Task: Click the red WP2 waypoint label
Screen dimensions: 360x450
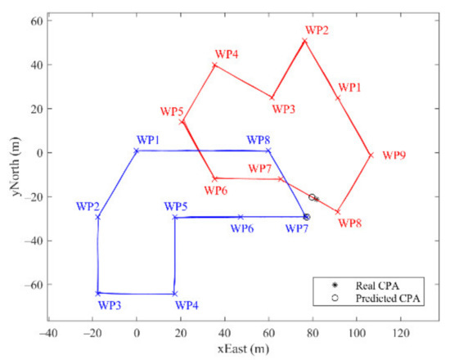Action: coord(316,31)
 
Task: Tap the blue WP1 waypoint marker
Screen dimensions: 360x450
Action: coord(137,151)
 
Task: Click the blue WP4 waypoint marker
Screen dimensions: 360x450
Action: coord(174,294)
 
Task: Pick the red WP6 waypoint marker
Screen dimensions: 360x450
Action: coord(214,178)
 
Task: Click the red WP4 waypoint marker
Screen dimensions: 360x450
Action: coord(214,65)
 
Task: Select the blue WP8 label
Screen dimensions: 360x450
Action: coord(260,139)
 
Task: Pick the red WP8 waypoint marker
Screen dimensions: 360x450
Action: coord(338,212)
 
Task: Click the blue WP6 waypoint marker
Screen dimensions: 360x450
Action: coord(241,217)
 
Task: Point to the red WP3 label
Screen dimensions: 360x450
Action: coord(284,108)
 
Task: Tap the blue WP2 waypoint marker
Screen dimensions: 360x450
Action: coord(98,217)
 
